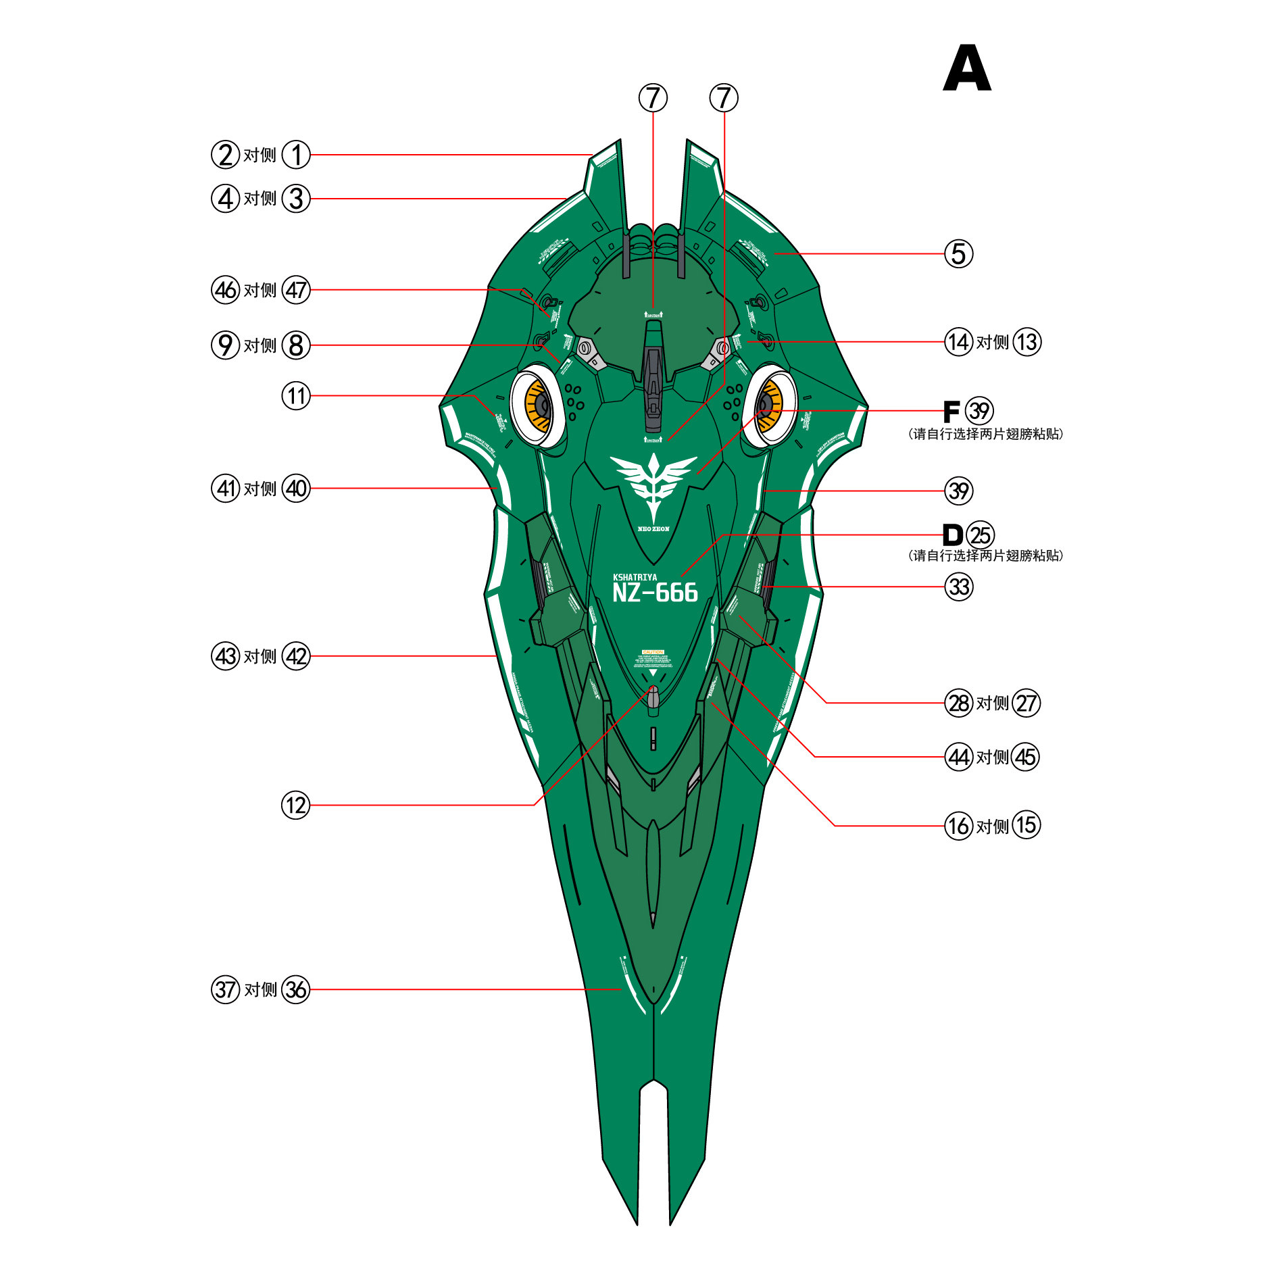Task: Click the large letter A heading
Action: pos(967,69)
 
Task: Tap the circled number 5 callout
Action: pos(958,254)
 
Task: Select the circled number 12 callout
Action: pos(295,805)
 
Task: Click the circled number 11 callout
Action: pos(295,396)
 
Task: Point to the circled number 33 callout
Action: pos(958,587)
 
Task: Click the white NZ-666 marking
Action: pos(655,593)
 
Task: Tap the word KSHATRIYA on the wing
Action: pos(635,577)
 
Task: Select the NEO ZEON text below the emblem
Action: pos(653,529)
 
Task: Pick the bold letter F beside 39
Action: pos(951,411)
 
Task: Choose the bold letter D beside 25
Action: pos(952,535)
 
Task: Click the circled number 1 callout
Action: pos(295,155)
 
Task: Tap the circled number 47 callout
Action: pos(295,290)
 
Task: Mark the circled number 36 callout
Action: pos(295,989)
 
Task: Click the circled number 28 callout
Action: pos(958,703)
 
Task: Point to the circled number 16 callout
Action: pos(958,826)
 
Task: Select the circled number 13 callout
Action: pos(1027,342)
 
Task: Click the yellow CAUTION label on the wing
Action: pos(653,652)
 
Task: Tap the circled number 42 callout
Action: pos(295,656)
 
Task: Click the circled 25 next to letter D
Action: pos(980,535)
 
